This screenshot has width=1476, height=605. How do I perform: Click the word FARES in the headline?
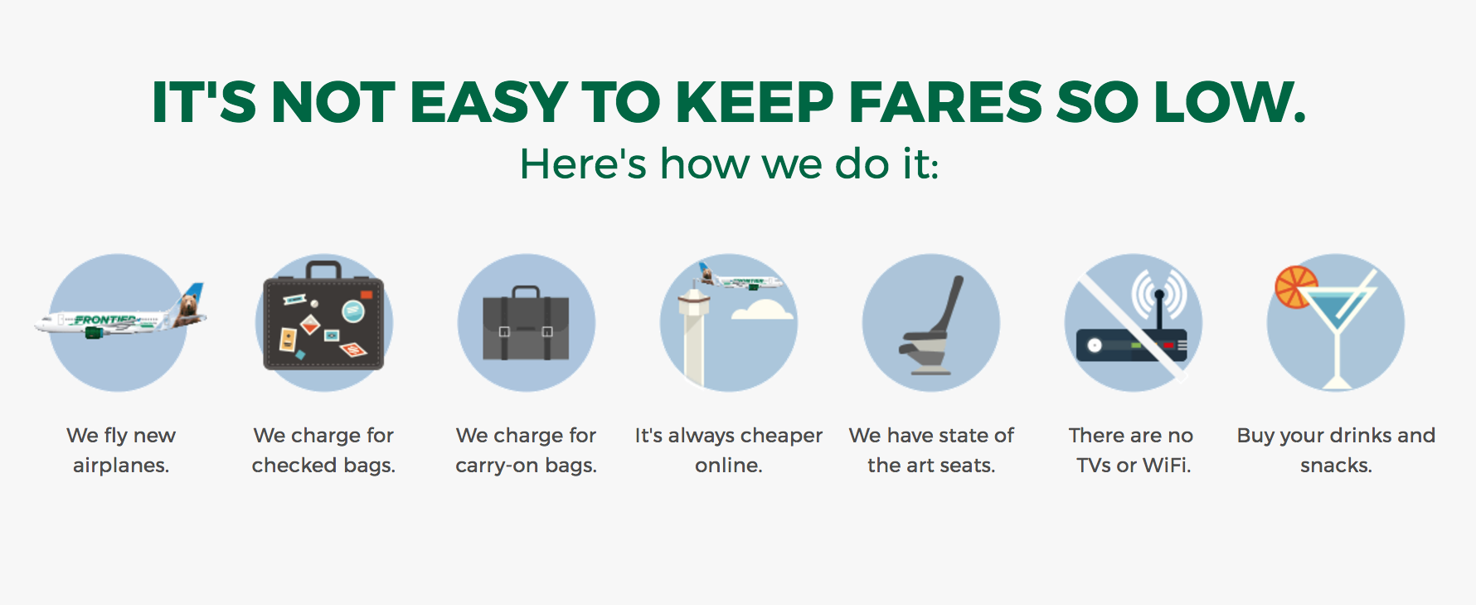coord(944,102)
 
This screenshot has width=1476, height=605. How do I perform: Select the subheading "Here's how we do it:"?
coord(729,163)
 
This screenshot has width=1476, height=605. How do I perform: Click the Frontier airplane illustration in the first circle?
coord(120,315)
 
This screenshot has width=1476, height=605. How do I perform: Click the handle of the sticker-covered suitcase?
coord(323,270)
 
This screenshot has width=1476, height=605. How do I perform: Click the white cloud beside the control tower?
coord(762,310)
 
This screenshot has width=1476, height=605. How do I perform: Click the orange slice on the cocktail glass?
coord(1294,286)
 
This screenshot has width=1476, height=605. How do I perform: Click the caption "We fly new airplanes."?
coord(121,450)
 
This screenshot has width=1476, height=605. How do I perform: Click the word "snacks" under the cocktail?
coord(1333,465)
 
